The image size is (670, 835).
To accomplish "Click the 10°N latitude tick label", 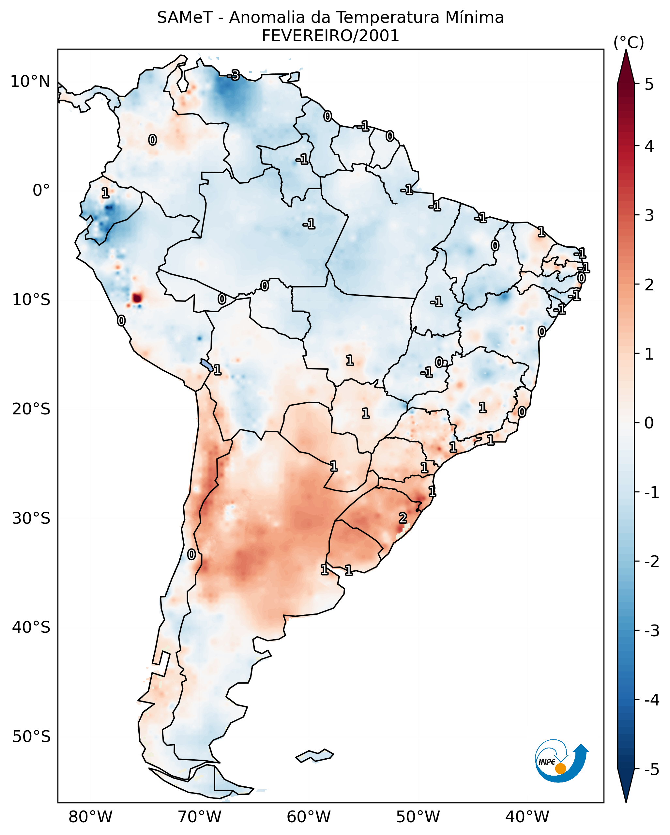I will pyautogui.click(x=30, y=82).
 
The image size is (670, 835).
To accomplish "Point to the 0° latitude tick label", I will pyautogui.click(x=41, y=191).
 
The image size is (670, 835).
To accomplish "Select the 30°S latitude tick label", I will pyautogui.click(x=31, y=518).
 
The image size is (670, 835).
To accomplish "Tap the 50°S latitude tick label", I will pyautogui.click(x=31, y=737).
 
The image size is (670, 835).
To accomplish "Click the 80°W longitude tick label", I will pyautogui.click(x=90, y=817).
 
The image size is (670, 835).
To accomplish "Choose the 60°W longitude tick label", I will pyautogui.click(x=309, y=817).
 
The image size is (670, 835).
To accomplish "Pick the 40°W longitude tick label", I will pyautogui.click(x=527, y=817).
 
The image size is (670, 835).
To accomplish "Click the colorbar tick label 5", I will pyautogui.click(x=649, y=84).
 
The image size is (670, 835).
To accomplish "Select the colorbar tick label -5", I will pyautogui.click(x=651, y=769).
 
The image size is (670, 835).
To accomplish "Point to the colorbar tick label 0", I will pyautogui.click(x=649, y=423).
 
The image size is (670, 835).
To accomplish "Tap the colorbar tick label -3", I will pyautogui.click(x=651, y=631).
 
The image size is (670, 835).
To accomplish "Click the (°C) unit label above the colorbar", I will pyautogui.click(x=629, y=43).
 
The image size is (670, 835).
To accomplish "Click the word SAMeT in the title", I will pyautogui.click(x=185, y=18).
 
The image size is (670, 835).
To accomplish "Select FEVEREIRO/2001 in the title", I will pyautogui.click(x=330, y=36).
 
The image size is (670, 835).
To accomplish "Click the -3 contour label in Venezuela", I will pyautogui.click(x=234, y=75).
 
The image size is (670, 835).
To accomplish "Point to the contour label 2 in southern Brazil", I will pyautogui.click(x=403, y=518).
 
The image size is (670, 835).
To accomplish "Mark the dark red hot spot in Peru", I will pyautogui.click(x=137, y=298).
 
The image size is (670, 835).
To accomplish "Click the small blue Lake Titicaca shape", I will pyautogui.click(x=206, y=365).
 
